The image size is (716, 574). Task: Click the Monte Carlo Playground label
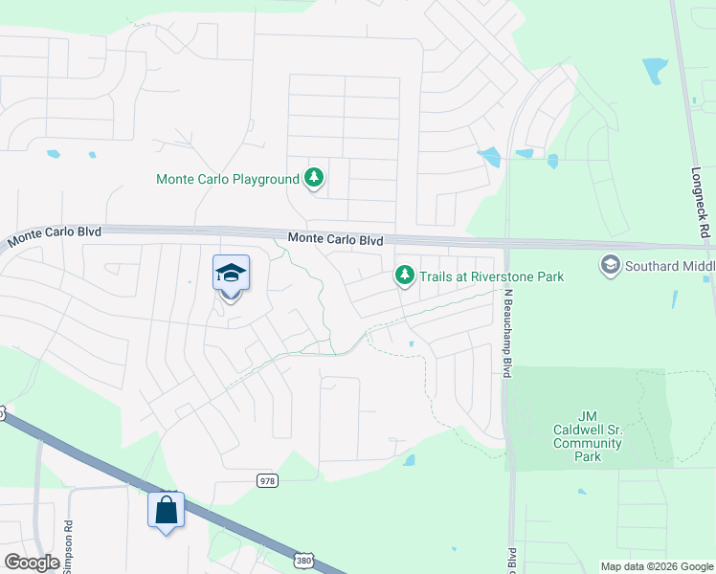click(x=228, y=179)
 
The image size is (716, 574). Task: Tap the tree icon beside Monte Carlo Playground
click(x=313, y=178)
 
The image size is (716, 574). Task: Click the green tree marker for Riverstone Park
click(x=405, y=276)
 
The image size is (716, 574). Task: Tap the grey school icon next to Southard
click(x=610, y=264)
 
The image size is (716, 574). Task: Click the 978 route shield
click(x=267, y=480)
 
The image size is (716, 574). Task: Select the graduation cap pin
click(x=230, y=275)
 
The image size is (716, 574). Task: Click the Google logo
click(x=32, y=563)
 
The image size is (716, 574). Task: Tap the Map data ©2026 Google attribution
click(x=656, y=566)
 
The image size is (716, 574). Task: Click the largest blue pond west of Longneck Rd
click(x=656, y=71)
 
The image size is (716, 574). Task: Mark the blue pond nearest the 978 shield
click(x=409, y=460)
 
